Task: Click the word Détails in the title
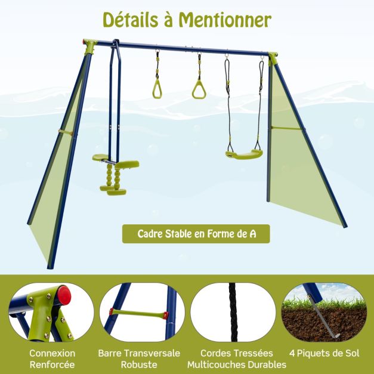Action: (131, 20)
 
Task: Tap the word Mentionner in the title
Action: (225, 20)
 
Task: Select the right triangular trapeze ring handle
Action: (199, 89)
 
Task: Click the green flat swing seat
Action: (244, 154)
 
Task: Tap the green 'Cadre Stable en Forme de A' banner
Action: (196, 234)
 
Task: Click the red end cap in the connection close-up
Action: (64, 295)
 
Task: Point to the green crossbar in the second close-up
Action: (139, 313)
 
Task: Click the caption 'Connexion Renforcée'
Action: (52, 358)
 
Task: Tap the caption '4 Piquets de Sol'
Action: (324, 353)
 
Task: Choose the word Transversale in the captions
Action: (152, 353)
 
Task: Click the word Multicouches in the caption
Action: (216, 364)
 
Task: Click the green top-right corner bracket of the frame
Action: (273, 58)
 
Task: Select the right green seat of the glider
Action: (128, 165)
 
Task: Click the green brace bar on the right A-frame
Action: (286, 128)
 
